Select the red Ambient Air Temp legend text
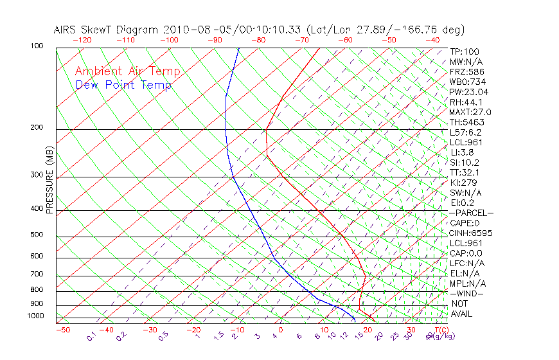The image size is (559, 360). [x=128, y=72]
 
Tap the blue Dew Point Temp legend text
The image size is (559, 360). [x=123, y=85]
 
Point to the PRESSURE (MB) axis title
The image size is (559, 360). [x=49, y=180]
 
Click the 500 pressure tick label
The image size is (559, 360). [x=37, y=235]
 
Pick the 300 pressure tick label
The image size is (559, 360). [x=37, y=175]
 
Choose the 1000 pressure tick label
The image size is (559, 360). [x=35, y=316]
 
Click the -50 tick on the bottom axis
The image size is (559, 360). [x=62, y=330]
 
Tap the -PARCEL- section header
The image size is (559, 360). [x=472, y=213]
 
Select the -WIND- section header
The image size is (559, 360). [x=467, y=294]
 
